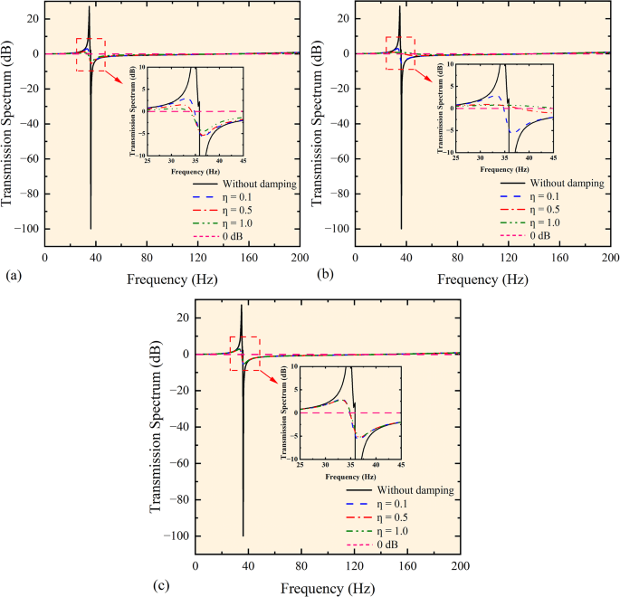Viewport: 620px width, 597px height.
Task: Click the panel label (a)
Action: (11, 271)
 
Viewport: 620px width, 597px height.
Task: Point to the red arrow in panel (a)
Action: (112, 77)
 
